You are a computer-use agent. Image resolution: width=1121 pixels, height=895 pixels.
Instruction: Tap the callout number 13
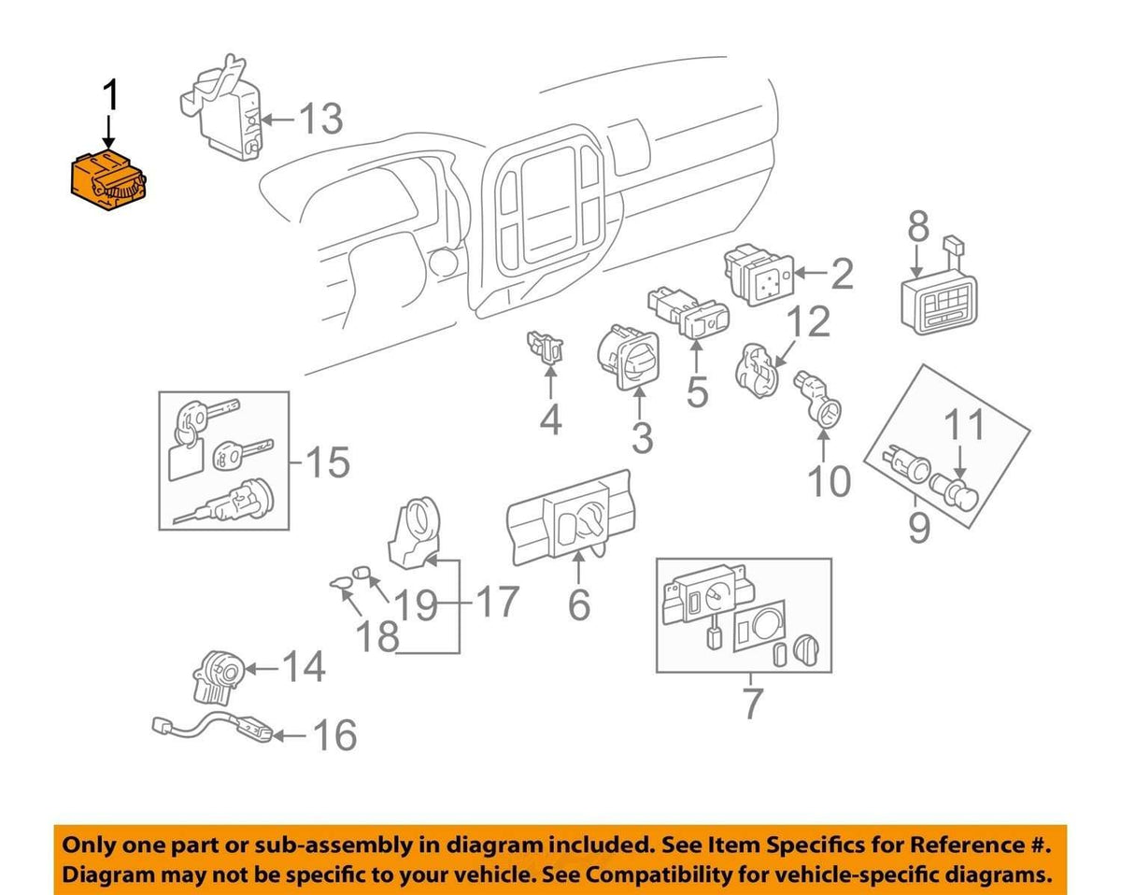point(320,119)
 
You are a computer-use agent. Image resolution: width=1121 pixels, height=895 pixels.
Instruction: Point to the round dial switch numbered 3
point(628,357)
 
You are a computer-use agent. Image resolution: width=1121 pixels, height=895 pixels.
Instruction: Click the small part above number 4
point(546,345)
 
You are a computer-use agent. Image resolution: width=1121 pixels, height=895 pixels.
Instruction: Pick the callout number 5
point(697,391)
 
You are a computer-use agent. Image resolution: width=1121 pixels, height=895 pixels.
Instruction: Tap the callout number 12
point(811,322)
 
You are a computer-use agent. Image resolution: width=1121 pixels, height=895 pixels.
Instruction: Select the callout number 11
point(965,424)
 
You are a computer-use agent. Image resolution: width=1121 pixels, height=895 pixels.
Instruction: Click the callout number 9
point(918,528)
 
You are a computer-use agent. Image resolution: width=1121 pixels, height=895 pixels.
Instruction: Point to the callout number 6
point(579,604)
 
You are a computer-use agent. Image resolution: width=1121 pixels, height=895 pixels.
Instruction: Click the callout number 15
point(328,462)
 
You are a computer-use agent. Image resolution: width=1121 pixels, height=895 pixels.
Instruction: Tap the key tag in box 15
point(186,460)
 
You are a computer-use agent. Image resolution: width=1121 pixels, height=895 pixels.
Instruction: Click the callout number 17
point(499,602)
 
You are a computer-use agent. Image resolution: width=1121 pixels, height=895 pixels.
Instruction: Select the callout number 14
point(305,667)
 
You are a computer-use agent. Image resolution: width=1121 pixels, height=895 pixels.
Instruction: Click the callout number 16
point(335,735)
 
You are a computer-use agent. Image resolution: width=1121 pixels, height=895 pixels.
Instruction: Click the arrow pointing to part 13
point(278,120)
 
